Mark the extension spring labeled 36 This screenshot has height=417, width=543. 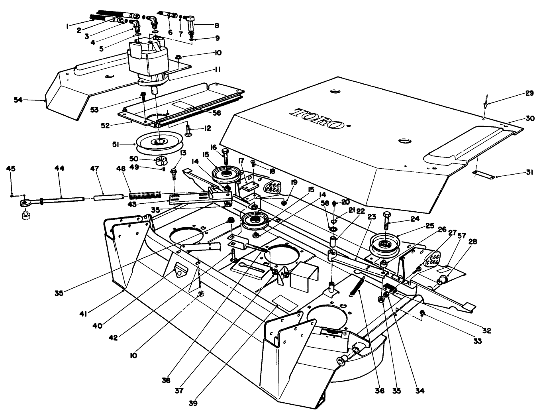(x=358, y=286)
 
